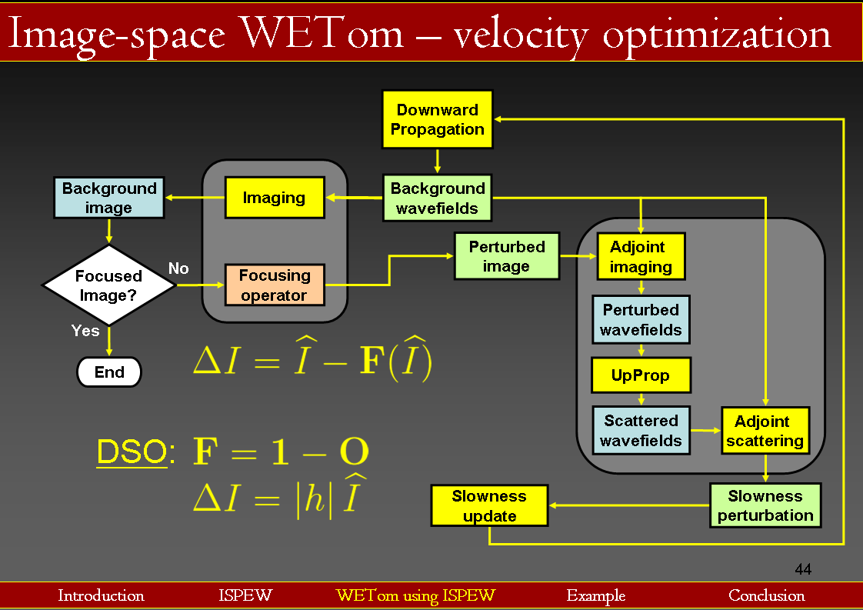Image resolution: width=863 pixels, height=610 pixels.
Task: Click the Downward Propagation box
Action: [437, 119]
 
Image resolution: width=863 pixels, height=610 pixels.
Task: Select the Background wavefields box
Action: [437, 198]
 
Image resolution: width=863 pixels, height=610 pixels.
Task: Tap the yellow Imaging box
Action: [274, 198]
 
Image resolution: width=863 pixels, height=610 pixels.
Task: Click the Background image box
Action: [108, 198]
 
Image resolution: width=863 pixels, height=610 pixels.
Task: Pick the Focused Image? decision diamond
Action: [108, 285]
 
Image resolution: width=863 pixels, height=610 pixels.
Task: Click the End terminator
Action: [109, 372]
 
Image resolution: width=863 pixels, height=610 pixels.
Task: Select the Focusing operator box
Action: [274, 285]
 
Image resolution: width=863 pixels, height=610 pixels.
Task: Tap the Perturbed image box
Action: [506, 256]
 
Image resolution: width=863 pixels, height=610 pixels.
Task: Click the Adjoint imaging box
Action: [641, 257]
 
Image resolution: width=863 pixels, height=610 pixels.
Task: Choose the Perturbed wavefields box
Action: [641, 320]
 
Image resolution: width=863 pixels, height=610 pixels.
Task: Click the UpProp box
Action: [641, 375]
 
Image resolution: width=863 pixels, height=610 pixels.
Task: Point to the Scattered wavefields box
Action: [641, 431]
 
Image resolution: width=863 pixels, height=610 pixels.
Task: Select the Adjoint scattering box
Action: [765, 431]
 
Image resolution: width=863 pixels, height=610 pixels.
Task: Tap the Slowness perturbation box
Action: [765, 505]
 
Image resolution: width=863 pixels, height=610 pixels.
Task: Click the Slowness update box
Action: [489, 505]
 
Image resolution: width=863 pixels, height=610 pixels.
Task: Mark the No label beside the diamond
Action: [178, 268]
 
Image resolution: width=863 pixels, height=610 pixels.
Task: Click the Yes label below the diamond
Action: [85, 330]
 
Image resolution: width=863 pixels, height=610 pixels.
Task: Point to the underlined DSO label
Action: [132, 453]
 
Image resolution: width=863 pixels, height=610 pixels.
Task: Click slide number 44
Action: [803, 570]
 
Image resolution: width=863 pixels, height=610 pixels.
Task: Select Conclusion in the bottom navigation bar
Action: [766, 595]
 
